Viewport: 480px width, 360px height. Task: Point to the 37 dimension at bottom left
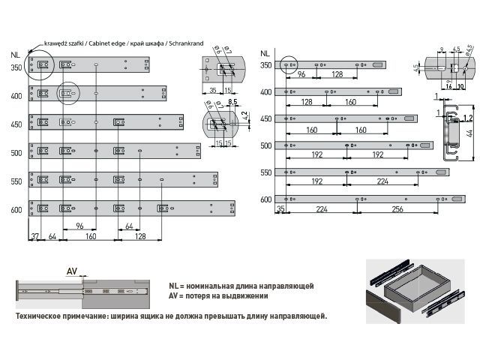point(34,236)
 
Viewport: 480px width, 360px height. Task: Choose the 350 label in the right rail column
point(265,66)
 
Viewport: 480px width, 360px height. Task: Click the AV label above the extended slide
point(72,271)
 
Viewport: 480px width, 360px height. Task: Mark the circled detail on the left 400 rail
point(69,94)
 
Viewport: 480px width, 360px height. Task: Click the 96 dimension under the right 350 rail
point(301,75)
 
